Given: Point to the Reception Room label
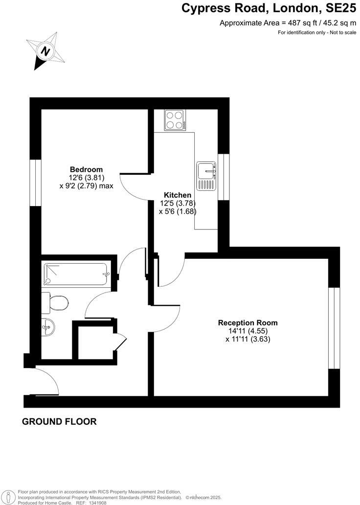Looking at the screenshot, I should coord(247,322).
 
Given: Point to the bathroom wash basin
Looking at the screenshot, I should coord(48,327).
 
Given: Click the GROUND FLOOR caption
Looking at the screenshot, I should coord(59,421).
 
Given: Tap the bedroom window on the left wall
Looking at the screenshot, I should coord(35,182).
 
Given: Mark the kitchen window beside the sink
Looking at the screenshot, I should coord(224,177).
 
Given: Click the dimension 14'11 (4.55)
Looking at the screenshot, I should coord(247,331).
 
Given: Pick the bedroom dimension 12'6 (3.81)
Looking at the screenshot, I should coord(87,178).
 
